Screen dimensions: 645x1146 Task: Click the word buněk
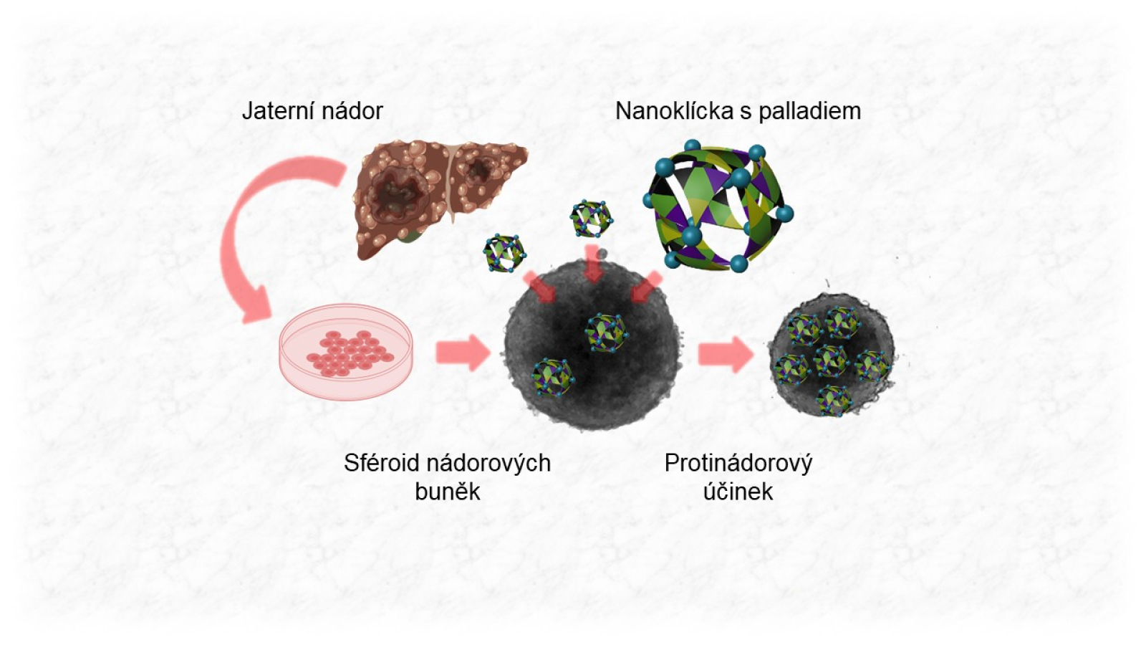click(x=447, y=492)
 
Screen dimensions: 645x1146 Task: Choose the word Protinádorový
click(x=738, y=463)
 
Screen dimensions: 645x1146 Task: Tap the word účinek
click(x=738, y=492)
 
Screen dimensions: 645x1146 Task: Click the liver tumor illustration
click(x=437, y=193)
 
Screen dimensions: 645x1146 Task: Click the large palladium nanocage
click(x=718, y=205)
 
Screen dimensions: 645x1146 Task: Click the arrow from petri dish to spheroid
click(x=462, y=353)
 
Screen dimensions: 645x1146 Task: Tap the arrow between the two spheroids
click(x=725, y=354)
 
